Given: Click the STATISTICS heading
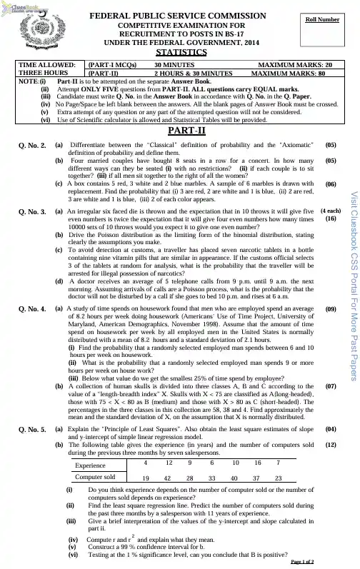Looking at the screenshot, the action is (178, 53).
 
